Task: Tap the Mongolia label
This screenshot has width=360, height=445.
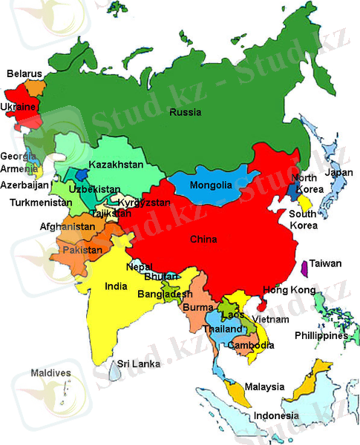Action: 211,185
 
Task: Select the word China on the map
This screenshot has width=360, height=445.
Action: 203,240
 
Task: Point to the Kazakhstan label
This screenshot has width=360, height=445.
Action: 115,165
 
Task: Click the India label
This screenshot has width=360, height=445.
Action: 116,286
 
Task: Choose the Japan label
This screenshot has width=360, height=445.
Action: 339,174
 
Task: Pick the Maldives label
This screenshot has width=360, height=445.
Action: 51,372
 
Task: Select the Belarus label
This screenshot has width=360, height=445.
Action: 24,74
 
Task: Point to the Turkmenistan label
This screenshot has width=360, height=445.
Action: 41,202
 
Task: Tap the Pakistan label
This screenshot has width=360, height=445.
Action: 82,251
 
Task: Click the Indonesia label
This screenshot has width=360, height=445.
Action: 276,416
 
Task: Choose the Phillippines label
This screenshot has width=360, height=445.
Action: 321,336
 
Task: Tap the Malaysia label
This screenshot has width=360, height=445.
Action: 265,387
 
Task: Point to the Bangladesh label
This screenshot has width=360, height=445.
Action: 165,294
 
